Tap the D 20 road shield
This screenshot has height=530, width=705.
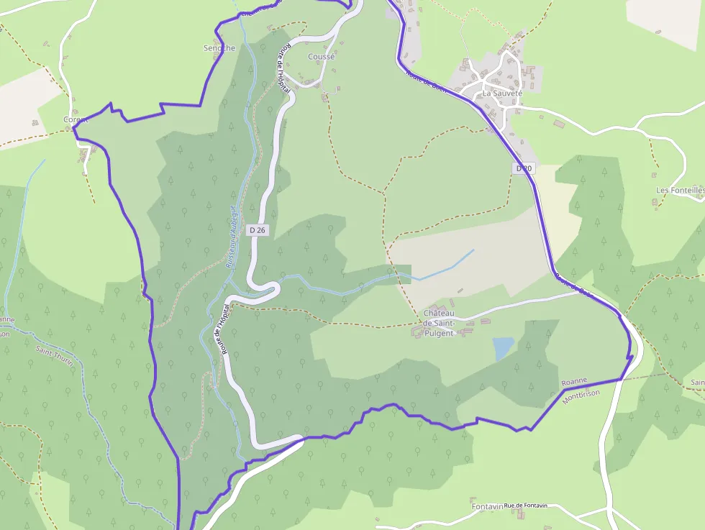click(x=524, y=168)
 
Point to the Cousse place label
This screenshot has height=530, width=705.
click(x=321, y=57)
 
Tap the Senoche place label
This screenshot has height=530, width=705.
click(x=219, y=48)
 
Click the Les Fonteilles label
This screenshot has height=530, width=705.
click(x=680, y=191)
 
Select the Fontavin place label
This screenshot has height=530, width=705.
click(x=487, y=507)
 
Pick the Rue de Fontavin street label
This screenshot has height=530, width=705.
click(x=526, y=506)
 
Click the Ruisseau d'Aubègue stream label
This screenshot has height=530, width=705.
click(x=231, y=237)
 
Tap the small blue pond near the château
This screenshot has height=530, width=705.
click(x=503, y=348)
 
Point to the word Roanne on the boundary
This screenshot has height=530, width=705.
click(x=575, y=381)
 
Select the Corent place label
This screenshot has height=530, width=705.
click(x=76, y=119)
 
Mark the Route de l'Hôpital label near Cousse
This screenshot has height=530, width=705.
click(x=284, y=70)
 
